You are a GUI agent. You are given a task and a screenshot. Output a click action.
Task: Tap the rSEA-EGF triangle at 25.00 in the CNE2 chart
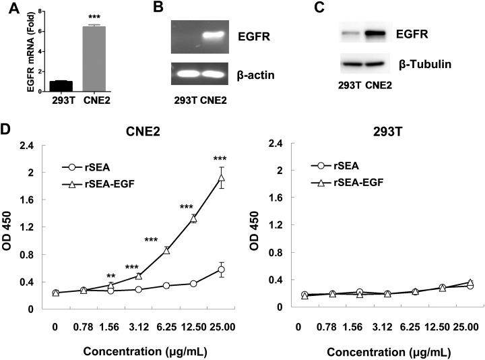point(220,179)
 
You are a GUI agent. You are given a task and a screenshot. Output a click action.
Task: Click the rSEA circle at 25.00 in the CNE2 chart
point(220,270)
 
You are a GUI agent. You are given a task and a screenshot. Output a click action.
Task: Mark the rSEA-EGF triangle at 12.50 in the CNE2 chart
point(193,217)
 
